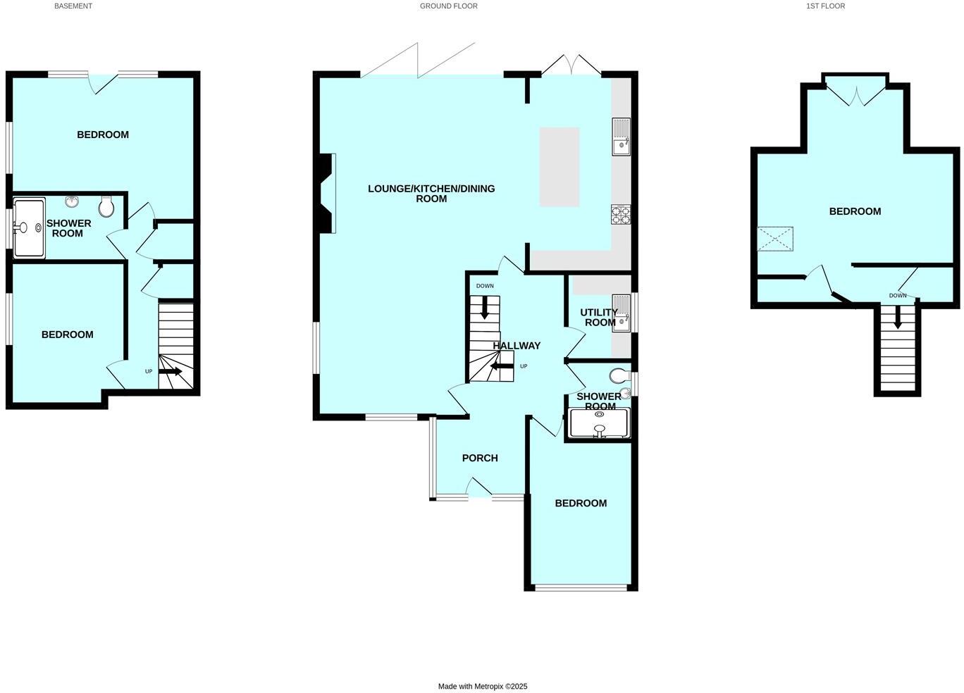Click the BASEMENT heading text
[x=73, y=6]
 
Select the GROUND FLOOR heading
[x=448, y=6]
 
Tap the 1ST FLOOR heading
[x=825, y=6]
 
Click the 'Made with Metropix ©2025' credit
[x=483, y=686]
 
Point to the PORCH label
[x=480, y=458]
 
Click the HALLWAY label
[x=517, y=346]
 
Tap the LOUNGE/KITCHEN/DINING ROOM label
[x=431, y=194]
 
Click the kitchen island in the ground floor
[x=560, y=167]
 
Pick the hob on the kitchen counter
[x=621, y=214]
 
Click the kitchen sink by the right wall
[x=621, y=137]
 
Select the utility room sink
[x=621, y=313]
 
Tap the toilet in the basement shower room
[x=107, y=206]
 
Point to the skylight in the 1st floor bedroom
[x=774, y=239]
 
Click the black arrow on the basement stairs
[x=170, y=371]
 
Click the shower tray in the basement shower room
[x=29, y=228]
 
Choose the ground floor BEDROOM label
[x=581, y=504]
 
